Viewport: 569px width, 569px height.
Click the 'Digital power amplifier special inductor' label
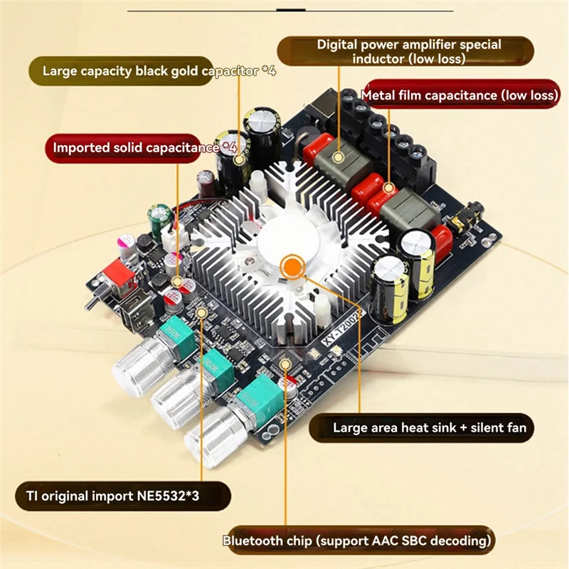408,51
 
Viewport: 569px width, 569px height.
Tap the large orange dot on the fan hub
289,268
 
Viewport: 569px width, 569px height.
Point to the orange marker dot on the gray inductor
339,154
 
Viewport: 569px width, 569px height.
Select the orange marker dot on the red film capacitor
389,188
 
